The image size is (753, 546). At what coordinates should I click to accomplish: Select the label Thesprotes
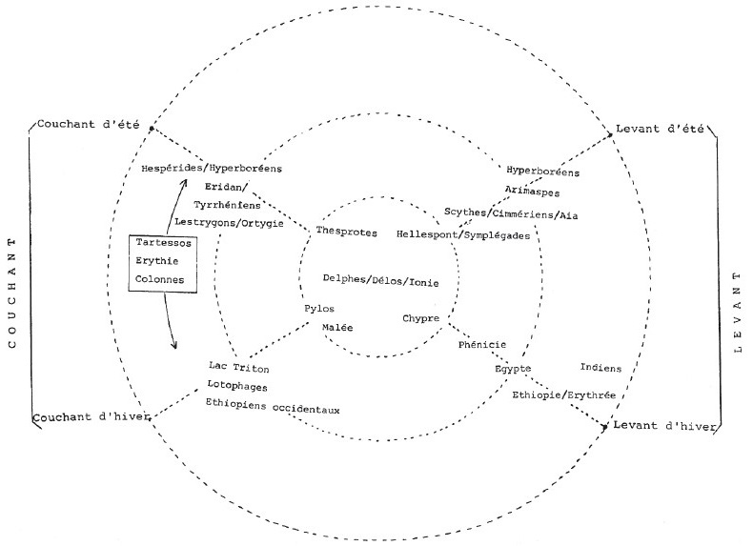point(346,233)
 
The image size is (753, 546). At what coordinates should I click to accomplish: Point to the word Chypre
point(420,318)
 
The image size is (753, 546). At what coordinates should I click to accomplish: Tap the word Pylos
point(319,309)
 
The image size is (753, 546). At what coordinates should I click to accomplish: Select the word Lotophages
point(236,386)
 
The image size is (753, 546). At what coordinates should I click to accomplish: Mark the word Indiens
point(600,368)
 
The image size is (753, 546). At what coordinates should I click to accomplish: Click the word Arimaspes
point(527,191)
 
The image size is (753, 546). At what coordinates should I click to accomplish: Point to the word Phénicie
point(482,346)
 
